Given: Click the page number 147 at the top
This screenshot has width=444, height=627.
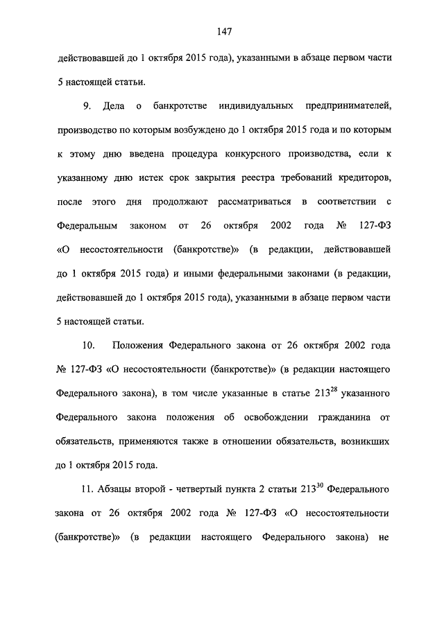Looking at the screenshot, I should click(x=223, y=31).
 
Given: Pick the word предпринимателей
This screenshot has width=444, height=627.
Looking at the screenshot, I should click(x=348, y=105).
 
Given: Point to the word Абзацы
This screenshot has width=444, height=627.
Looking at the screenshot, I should click(x=113, y=489).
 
